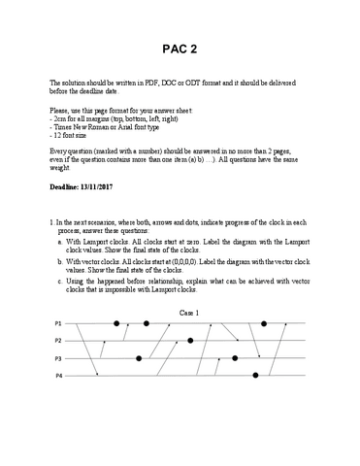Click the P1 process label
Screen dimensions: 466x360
[x=57, y=322]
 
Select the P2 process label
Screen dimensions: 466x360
[x=57, y=340]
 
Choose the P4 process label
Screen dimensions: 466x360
[x=57, y=375]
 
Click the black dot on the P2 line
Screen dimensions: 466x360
[x=191, y=340]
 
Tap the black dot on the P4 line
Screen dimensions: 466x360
[x=256, y=375]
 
